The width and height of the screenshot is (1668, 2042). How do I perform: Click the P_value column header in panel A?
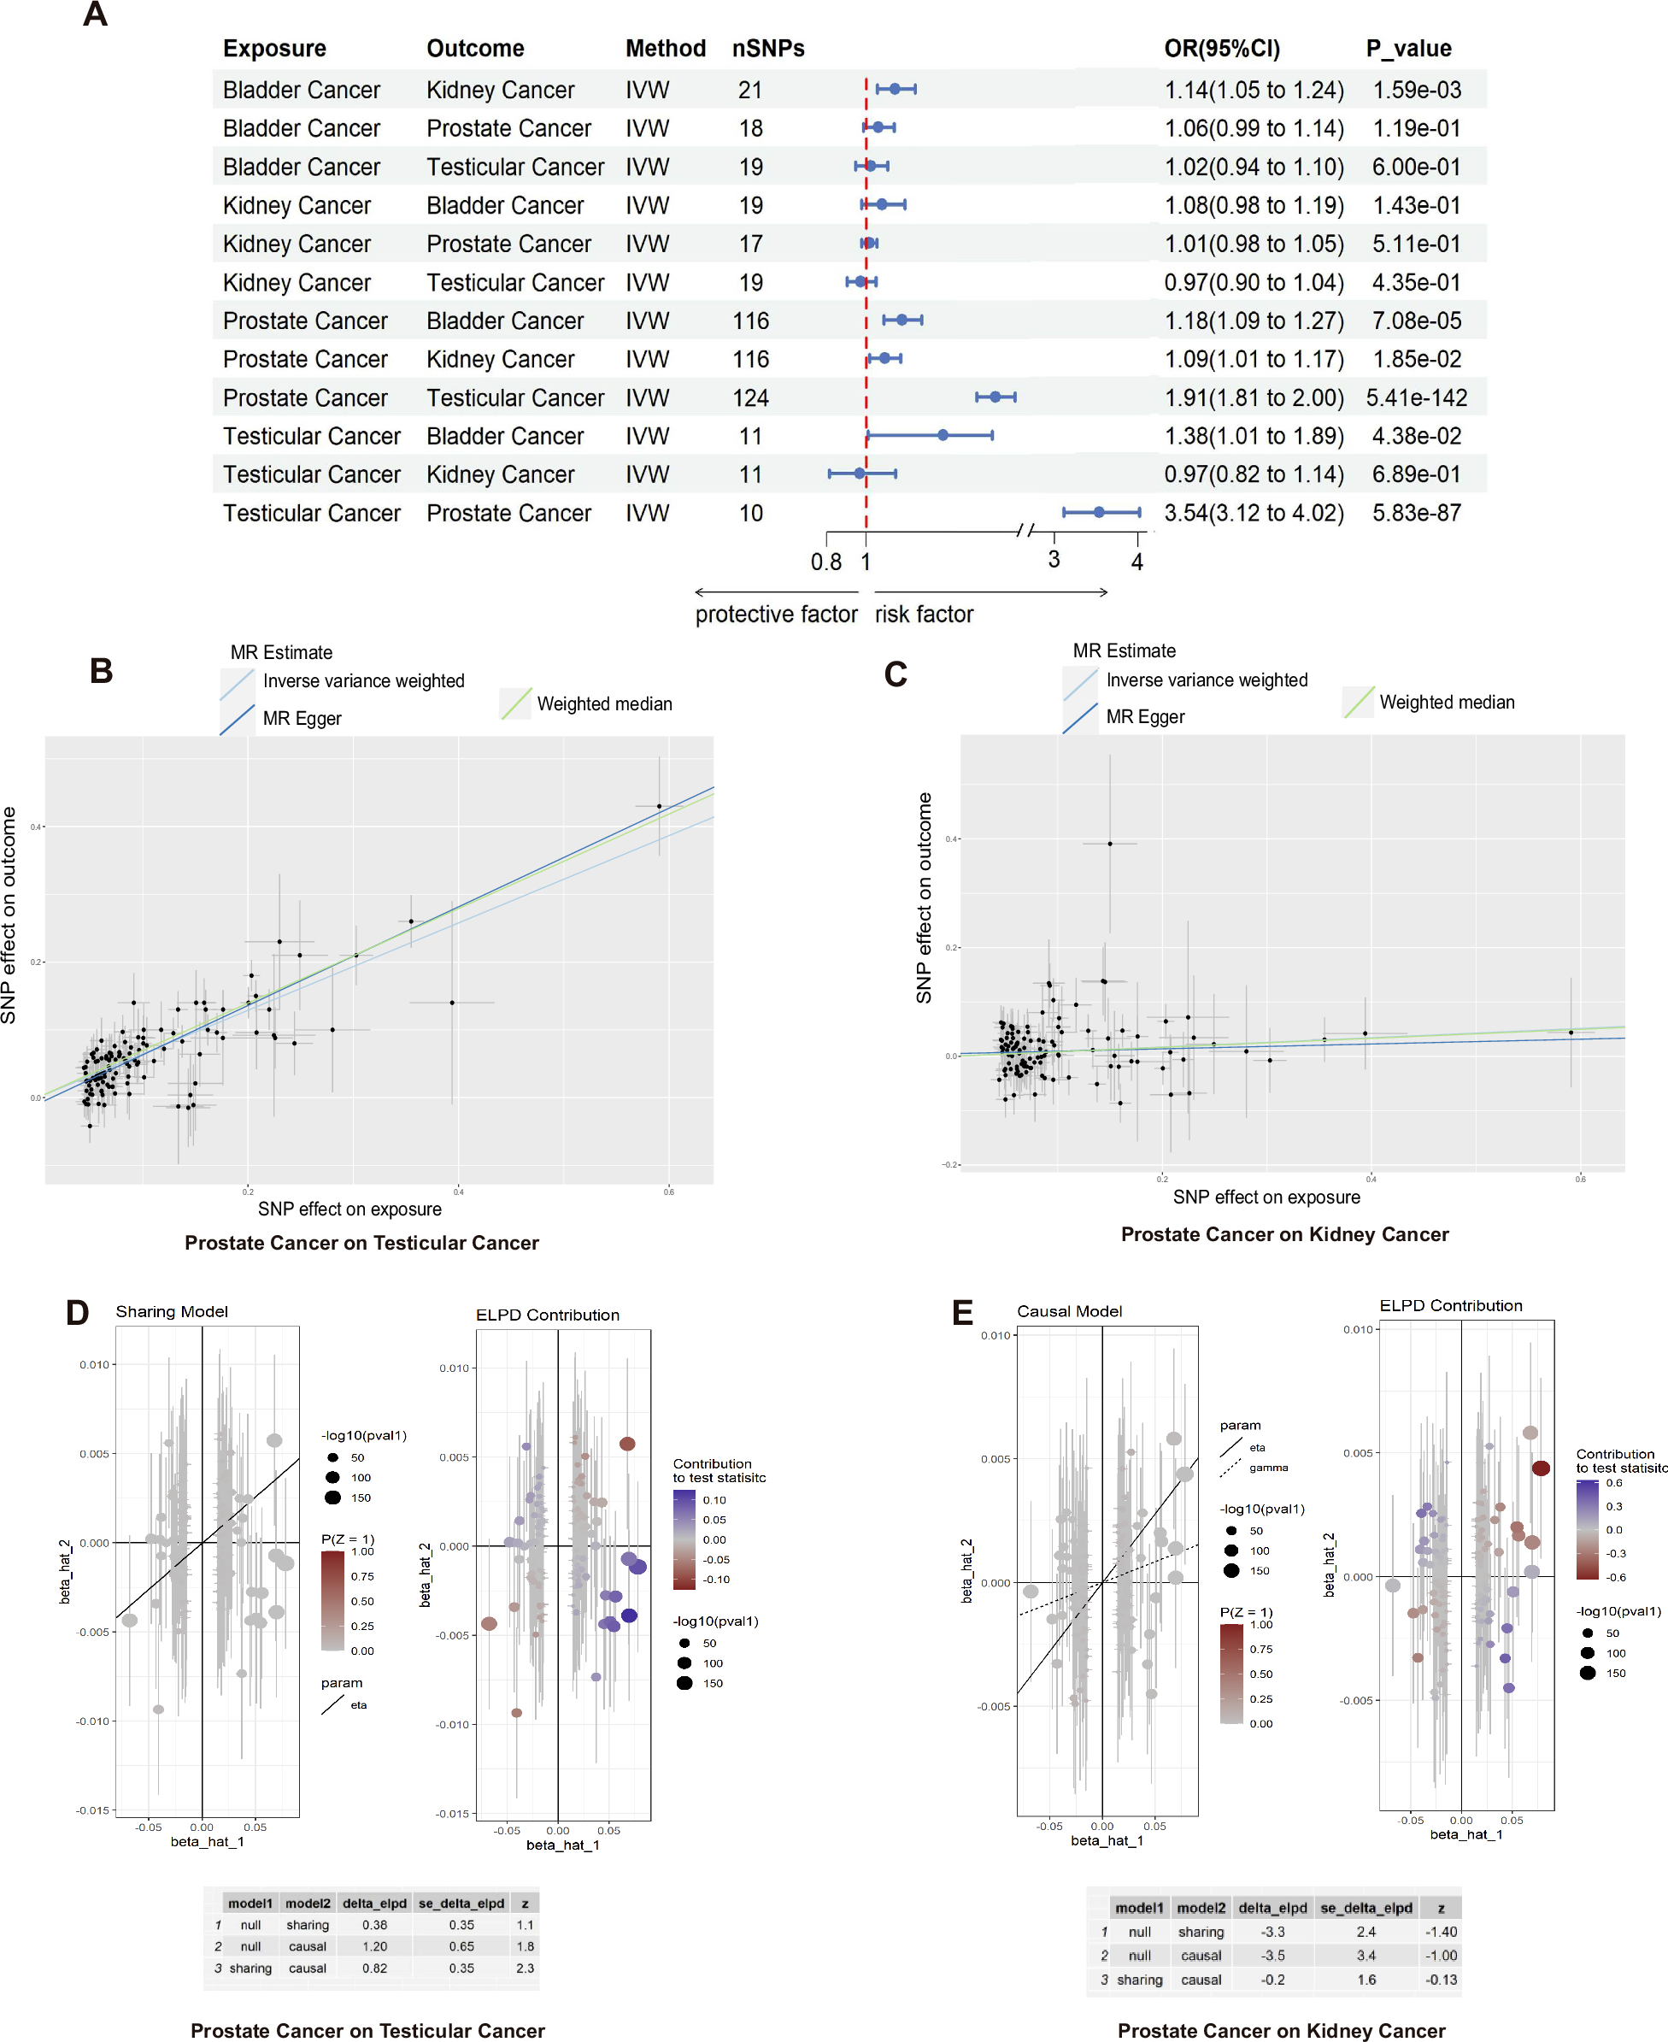[1407, 48]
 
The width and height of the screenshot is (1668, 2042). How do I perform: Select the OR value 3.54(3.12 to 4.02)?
[1253, 513]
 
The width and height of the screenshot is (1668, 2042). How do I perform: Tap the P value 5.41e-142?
[1415, 397]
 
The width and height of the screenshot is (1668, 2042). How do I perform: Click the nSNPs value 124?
[750, 397]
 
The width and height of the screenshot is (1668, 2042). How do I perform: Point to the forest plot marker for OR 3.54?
[1099, 512]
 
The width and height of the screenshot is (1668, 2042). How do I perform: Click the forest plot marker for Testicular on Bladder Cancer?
[943, 435]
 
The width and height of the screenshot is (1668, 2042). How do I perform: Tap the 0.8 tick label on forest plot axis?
[825, 562]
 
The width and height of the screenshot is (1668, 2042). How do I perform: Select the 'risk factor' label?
[924, 614]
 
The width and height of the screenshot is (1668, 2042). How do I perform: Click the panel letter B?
[101, 671]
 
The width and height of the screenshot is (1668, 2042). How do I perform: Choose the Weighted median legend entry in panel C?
[1446, 703]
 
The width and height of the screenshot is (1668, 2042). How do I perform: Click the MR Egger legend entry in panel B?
[302, 719]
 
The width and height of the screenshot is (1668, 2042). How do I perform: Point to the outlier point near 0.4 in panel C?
[1110, 844]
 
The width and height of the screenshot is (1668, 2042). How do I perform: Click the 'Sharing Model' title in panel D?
[172, 1312]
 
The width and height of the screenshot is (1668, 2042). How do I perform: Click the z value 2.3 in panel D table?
[525, 1968]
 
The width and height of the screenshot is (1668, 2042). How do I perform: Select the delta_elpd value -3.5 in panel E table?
[1273, 1956]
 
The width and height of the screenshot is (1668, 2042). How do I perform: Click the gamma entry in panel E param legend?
[1268, 1468]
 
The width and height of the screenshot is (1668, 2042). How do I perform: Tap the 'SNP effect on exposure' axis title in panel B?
[349, 1209]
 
